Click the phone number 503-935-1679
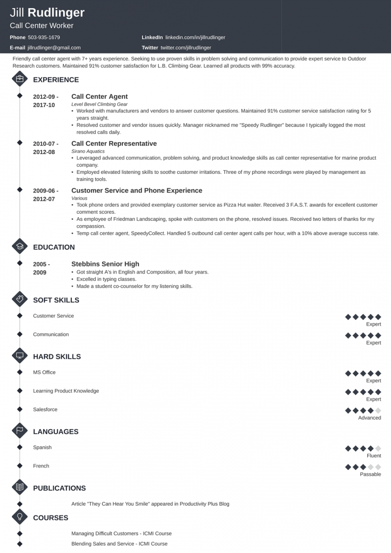pyautogui.click(x=44, y=37)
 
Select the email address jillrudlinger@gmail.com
pyautogui.click(x=54, y=47)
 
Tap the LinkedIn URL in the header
pyautogui.click(x=195, y=37)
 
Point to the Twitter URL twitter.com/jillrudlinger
pyautogui.click(x=186, y=47)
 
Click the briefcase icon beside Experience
pyautogui.click(x=20, y=79)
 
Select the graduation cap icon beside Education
pyautogui.click(x=20, y=247)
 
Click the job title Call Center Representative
pyautogui.click(x=114, y=144)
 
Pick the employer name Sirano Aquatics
pyautogui.click(x=88, y=151)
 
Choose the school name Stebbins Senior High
pyautogui.click(x=105, y=264)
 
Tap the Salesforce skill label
pyautogui.click(x=45, y=409)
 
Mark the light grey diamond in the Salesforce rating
pyautogui.click(x=378, y=411)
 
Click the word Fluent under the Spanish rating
pyautogui.click(x=374, y=456)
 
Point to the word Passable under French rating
pyautogui.click(x=370, y=474)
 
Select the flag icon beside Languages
pyautogui.click(x=20, y=431)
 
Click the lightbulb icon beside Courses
pyautogui.click(x=20, y=517)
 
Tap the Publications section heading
pyautogui.click(x=59, y=488)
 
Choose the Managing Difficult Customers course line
pyautogui.click(x=121, y=533)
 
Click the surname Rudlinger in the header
pyautogui.click(x=56, y=13)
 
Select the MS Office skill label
pyautogui.click(x=44, y=372)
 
